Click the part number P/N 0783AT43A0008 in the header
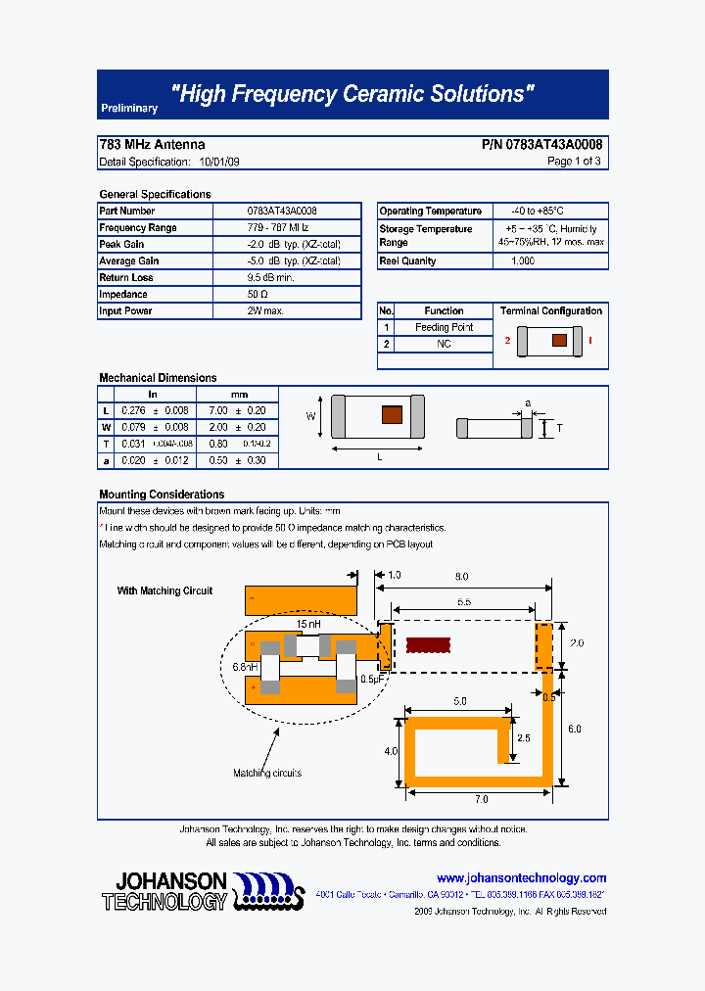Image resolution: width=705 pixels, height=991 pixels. pyautogui.click(x=541, y=144)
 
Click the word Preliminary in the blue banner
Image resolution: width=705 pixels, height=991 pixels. pyautogui.click(x=128, y=109)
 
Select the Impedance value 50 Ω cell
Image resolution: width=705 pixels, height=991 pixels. pyautogui.click(x=258, y=294)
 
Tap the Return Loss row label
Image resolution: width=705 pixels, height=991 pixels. pyautogui.click(x=126, y=278)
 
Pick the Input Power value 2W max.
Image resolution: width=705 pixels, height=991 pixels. pyautogui.click(x=265, y=310)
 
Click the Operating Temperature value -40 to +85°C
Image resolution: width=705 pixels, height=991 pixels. pyautogui.click(x=538, y=211)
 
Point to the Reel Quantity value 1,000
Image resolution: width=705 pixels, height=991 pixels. pyautogui.click(x=523, y=261)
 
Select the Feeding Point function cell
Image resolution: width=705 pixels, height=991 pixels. pyautogui.click(x=444, y=327)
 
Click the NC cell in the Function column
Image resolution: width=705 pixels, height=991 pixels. pyautogui.click(x=444, y=344)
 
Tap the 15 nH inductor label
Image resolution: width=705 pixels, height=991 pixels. pyautogui.click(x=308, y=623)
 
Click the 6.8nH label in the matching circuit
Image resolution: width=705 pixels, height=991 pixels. pyautogui.click(x=245, y=667)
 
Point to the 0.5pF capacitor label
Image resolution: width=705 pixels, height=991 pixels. pyautogui.click(x=370, y=679)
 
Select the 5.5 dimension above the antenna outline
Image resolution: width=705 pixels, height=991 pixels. pyautogui.click(x=463, y=603)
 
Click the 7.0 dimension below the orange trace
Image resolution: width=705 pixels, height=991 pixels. pyautogui.click(x=481, y=799)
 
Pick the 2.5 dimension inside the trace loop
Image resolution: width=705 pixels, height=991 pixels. pyautogui.click(x=524, y=737)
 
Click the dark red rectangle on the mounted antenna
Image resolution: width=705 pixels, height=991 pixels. pyautogui.click(x=428, y=645)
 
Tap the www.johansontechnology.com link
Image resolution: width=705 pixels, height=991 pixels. pyautogui.click(x=521, y=878)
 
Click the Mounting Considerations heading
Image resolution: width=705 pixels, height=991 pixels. pyautogui.click(x=162, y=495)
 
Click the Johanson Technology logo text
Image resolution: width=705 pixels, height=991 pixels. pyautogui.click(x=164, y=891)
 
